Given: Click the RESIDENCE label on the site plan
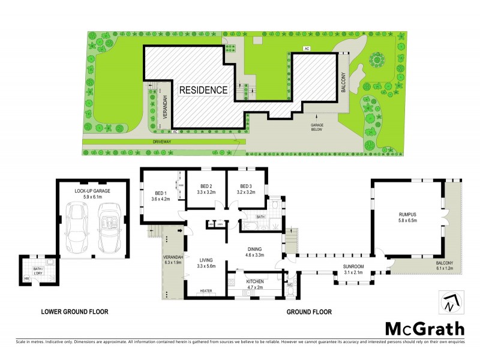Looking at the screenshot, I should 203,91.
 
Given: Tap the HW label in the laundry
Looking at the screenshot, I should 26,278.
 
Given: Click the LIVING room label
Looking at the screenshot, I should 206,260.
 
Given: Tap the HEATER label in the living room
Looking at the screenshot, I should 206,291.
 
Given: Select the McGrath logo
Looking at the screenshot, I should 424,328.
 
